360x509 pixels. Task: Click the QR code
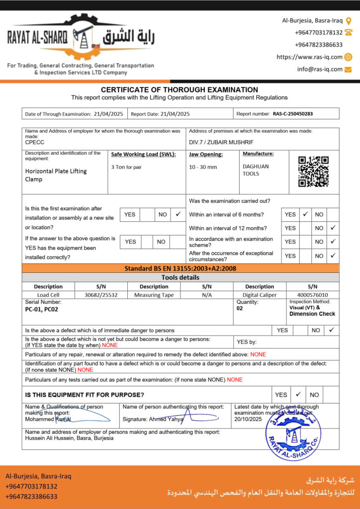point(313,171)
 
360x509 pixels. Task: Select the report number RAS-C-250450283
point(293,114)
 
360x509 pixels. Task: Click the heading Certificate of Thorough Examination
point(180,90)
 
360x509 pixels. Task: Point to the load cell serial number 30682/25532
point(101,295)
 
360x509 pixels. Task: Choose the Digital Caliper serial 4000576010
point(312,295)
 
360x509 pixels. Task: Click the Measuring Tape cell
point(154,295)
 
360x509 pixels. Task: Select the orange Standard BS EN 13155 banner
point(180,268)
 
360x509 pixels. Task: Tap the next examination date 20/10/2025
point(248,420)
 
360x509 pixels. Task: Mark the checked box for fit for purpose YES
point(298,394)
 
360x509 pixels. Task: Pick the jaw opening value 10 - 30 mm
point(203,167)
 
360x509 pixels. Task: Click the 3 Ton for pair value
point(126,167)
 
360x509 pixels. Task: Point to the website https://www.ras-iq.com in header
point(309,57)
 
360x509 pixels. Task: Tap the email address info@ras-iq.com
point(320,70)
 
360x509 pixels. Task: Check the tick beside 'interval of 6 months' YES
point(306,214)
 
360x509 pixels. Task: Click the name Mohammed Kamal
point(48,420)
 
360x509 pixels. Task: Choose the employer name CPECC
point(34,142)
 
